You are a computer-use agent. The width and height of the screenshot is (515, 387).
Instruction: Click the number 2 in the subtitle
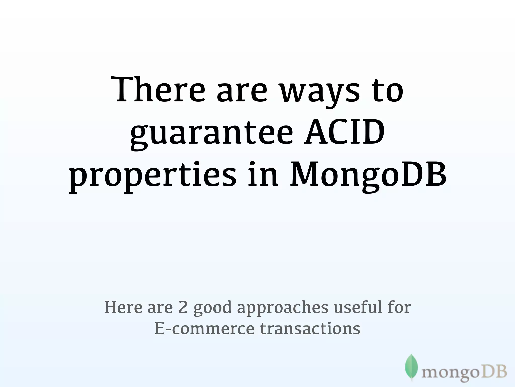tap(183, 307)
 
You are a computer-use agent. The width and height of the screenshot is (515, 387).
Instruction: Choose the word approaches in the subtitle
tap(283, 308)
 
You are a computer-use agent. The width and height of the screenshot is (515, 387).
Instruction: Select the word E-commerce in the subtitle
tap(204, 329)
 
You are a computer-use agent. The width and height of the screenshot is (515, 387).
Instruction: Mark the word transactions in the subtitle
tap(310, 329)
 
